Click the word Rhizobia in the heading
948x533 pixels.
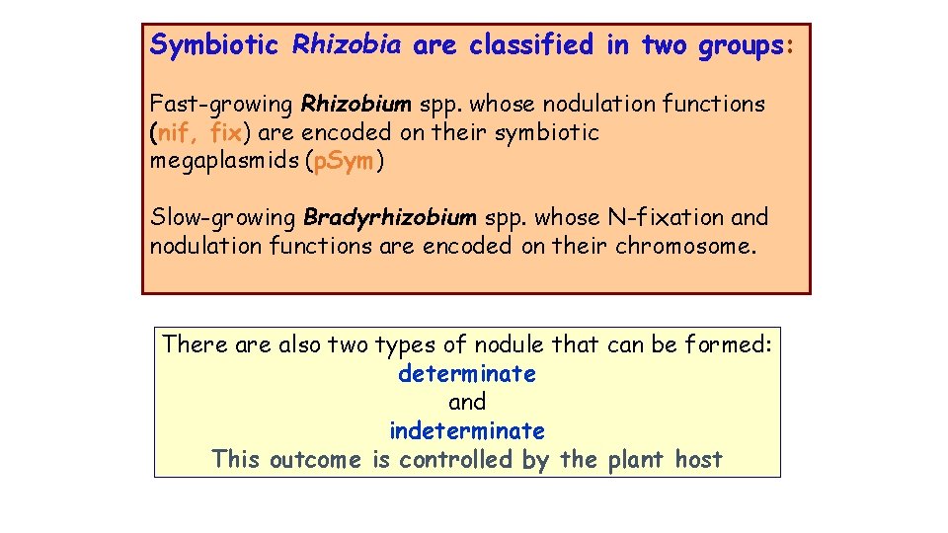347,45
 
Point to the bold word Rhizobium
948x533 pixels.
356,104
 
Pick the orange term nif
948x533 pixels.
178,132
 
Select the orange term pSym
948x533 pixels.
344,161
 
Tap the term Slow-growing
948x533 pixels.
223,217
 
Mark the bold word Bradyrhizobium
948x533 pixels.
390,217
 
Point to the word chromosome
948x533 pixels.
684,246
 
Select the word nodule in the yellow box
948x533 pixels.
510,344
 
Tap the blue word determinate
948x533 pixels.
467,374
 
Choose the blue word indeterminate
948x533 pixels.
467,431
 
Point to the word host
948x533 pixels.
699,460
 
